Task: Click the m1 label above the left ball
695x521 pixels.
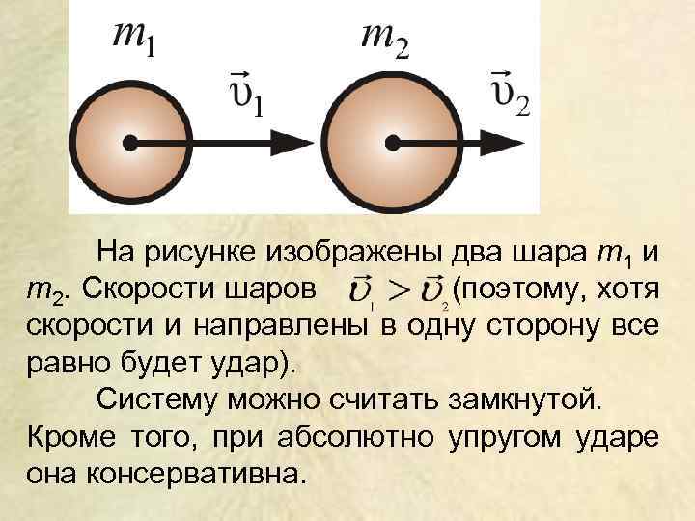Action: click(134, 40)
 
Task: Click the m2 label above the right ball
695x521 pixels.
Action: click(384, 40)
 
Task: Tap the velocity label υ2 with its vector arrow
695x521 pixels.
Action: click(510, 92)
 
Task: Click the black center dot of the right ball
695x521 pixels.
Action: click(392, 144)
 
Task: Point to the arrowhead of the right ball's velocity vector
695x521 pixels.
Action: click(516, 144)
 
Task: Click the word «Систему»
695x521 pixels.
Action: click(153, 400)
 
